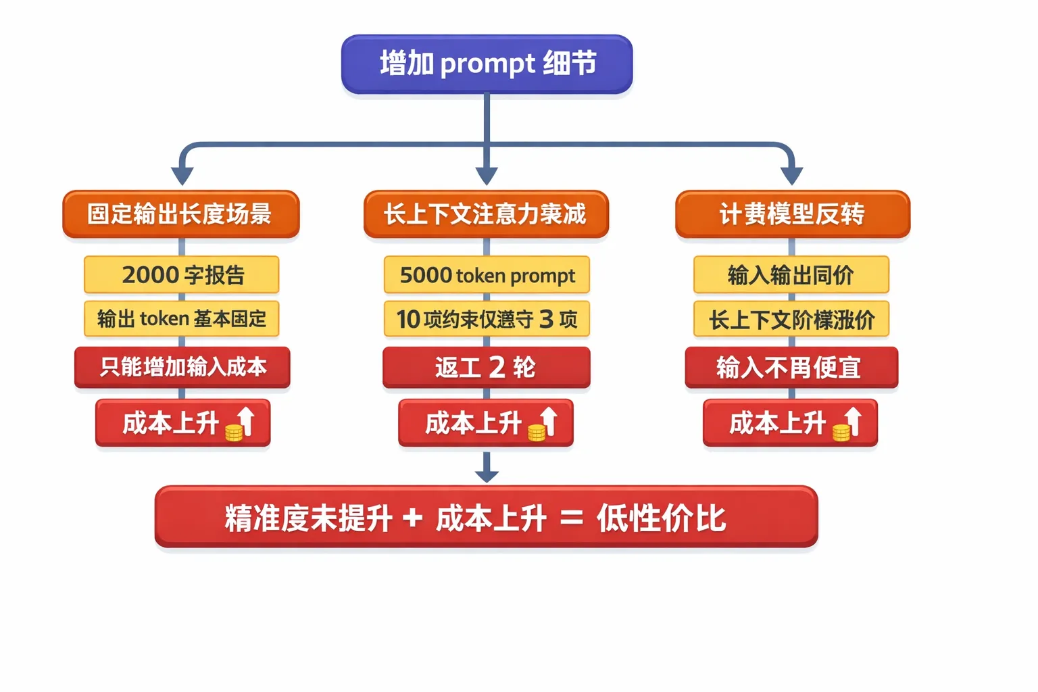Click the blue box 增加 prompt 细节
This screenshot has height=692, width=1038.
(x=487, y=64)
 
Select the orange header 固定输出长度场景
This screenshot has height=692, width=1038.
(x=180, y=214)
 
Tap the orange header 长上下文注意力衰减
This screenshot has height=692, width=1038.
(x=486, y=214)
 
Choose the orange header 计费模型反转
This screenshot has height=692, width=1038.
(x=792, y=214)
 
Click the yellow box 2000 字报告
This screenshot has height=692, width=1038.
(x=181, y=274)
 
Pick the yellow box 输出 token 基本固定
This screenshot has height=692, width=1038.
(x=181, y=318)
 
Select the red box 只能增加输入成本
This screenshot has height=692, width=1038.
(x=182, y=367)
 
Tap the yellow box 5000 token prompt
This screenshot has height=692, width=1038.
(x=487, y=274)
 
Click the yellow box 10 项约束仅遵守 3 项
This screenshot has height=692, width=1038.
(x=487, y=318)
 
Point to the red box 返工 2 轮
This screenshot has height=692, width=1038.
(x=486, y=367)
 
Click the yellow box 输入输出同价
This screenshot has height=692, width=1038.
(x=791, y=274)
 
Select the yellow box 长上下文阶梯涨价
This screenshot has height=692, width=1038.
(x=791, y=319)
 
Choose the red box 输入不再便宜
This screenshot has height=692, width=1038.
(x=791, y=368)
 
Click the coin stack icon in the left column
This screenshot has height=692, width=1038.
(x=234, y=432)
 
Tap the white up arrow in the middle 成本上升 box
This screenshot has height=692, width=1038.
(x=549, y=420)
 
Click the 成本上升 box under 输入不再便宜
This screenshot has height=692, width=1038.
(x=789, y=423)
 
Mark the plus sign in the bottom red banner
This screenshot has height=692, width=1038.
(x=412, y=519)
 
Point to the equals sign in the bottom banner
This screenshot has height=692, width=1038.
(x=572, y=519)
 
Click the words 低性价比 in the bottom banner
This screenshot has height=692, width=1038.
(x=660, y=519)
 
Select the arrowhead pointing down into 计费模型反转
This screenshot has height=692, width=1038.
(x=791, y=176)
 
